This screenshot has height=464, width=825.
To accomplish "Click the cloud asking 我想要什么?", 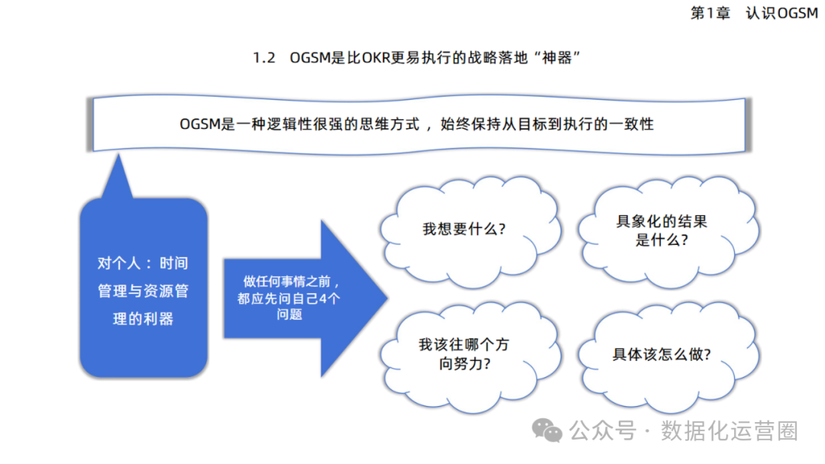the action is (x=464, y=229).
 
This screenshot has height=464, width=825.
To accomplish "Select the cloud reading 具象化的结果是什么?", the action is (x=662, y=230).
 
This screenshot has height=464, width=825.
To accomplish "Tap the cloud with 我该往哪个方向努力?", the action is (x=464, y=354).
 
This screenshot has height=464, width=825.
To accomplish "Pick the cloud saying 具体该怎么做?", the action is (x=662, y=355).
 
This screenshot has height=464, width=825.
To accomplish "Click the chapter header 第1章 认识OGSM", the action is (x=753, y=14).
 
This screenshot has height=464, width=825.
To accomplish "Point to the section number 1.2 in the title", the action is (x=264, y=59).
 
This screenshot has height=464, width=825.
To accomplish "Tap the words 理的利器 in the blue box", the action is (x=144, y=319).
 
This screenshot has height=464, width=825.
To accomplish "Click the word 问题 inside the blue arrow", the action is (x=290, y=314).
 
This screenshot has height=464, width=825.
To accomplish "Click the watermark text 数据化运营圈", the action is (x=730, y=431).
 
